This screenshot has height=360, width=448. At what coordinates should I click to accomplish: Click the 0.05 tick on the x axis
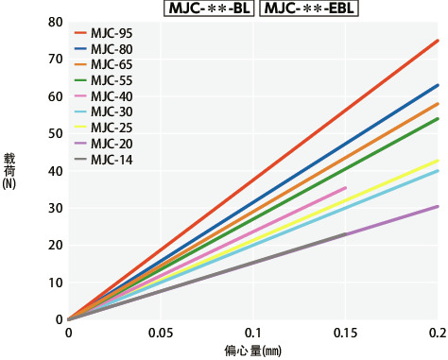point(161,334)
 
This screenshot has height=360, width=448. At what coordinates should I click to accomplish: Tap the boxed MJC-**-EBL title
point(305,9)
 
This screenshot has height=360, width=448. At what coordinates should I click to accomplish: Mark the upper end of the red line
point(438,41)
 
